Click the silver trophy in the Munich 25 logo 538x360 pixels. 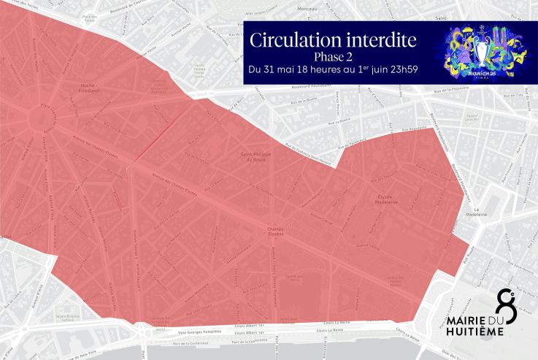[481, 50]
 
